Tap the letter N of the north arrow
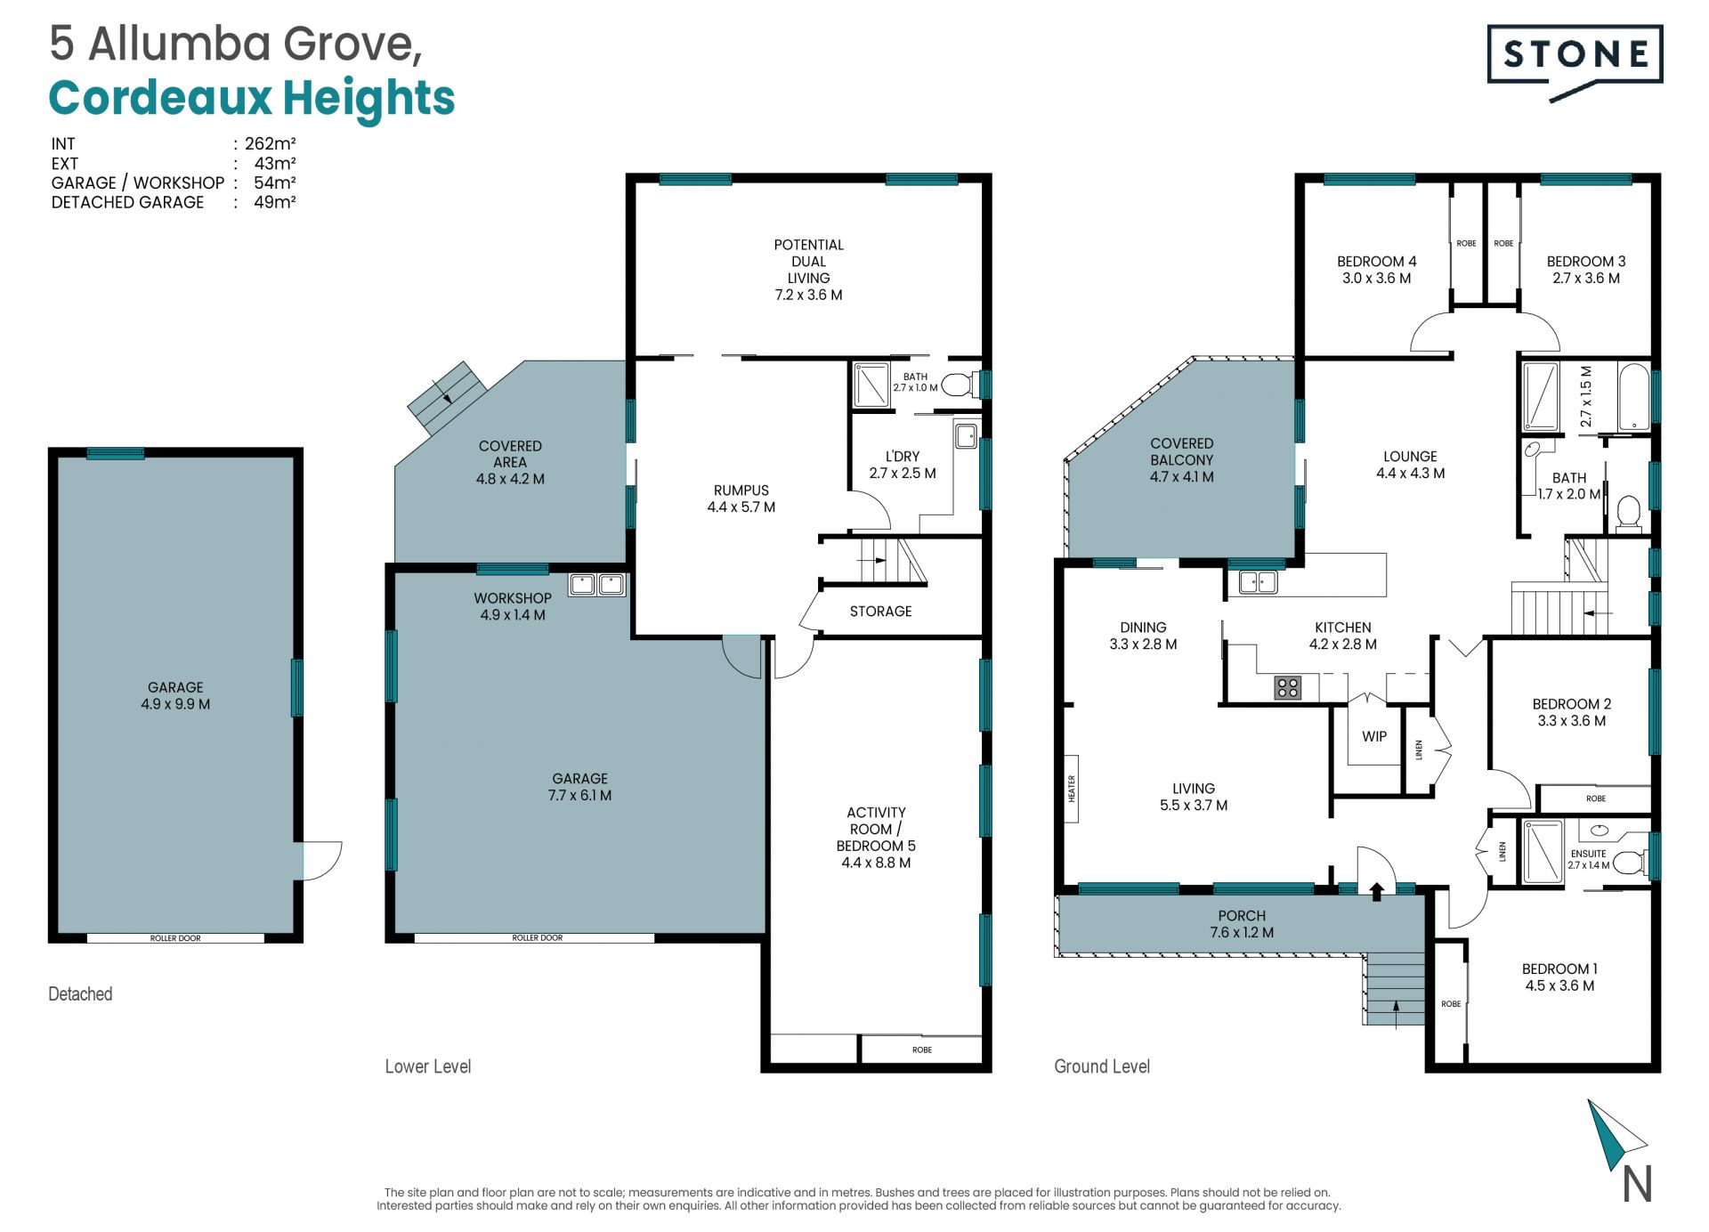click(x=1637, y=1184)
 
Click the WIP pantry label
click(x=1374, y=736)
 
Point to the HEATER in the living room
click(x=1072, y=789)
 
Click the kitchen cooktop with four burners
click(x=1288, y=687)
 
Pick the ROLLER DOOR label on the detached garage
click(x=175, y=938)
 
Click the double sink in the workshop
click(x=597, y=585)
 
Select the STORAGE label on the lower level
click(x=880, y=612)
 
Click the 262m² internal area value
click(x=270, y=143)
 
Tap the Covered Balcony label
click(x=1181, y=451)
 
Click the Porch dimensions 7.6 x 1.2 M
click(x=1242, y=932)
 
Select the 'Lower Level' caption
click(x=427, y=1066)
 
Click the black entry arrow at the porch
click(x=1376, y=891)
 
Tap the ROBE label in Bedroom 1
click(x=1451, y=1004)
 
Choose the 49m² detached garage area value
click(x=274, y=202)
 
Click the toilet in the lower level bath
click(x=958, y=385)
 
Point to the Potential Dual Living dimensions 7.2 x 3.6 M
click(x=808, y=295)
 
